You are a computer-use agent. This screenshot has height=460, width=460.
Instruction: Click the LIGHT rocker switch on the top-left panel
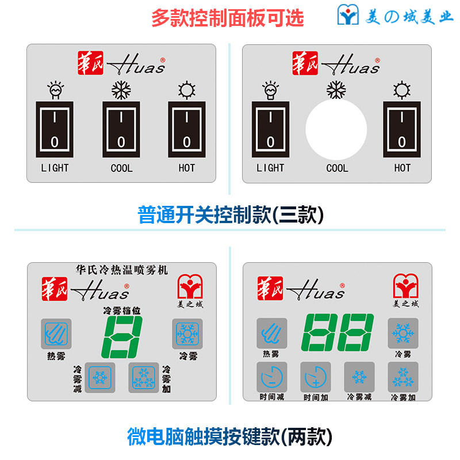pos(55,129)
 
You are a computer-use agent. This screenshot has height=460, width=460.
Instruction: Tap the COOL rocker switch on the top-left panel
pos(121,129)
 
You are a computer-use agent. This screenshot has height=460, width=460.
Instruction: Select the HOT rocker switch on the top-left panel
pos(187,129)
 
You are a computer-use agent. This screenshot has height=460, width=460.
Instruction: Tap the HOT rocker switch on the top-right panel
pos(402,129)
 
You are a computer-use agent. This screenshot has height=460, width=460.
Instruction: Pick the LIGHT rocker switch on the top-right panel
pos(270,129)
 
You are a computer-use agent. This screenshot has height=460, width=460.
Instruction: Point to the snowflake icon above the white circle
pos(336,89)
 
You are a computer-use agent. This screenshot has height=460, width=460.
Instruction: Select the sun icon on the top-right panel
pos(402,90)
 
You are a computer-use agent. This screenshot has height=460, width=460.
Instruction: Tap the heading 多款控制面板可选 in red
pos(227,18)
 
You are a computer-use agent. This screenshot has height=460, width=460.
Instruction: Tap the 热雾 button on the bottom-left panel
pos(56,333)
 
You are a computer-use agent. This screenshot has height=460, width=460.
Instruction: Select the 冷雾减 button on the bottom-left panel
pos(100,377)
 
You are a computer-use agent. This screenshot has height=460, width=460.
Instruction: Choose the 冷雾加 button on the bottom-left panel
pos(143,377)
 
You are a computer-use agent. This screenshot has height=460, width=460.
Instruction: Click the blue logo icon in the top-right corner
pos(348,16)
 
